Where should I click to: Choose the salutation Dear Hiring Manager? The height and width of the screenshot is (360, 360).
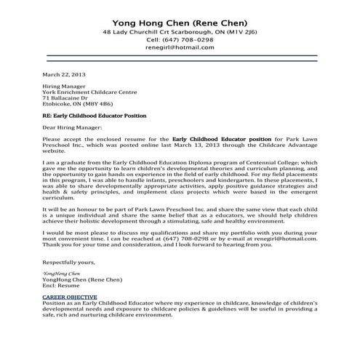pyautogui.click(x=71, y=128)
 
